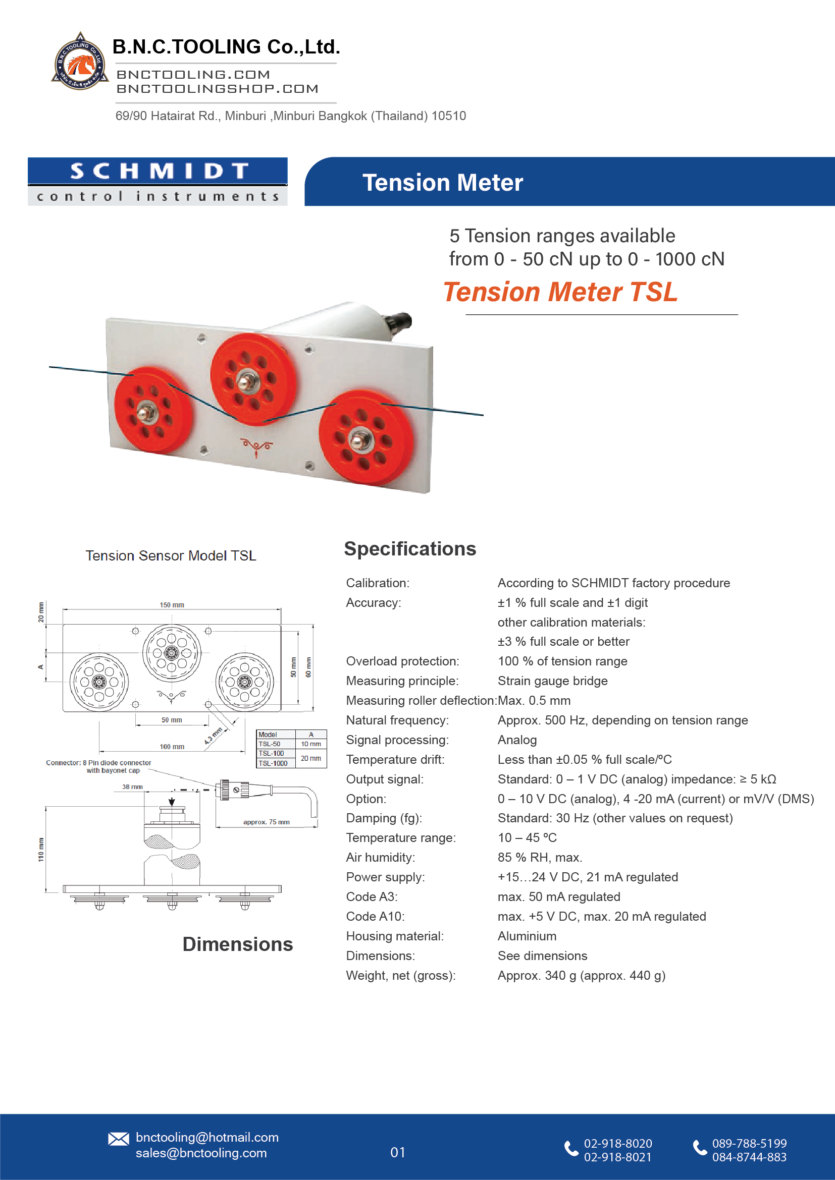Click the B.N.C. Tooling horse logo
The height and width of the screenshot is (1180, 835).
point(80,62)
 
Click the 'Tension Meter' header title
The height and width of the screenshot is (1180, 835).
point(442,183)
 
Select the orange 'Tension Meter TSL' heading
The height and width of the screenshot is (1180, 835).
point(560,292)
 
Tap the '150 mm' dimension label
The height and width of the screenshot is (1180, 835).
point(172,605)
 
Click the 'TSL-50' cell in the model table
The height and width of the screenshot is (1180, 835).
point(270,744)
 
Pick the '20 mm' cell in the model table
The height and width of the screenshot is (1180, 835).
point(310,758)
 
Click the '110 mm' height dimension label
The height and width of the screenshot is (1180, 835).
point(41,850)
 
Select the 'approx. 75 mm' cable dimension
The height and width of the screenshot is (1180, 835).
point(266,822)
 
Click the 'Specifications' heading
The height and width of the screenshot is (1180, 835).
point(410,549)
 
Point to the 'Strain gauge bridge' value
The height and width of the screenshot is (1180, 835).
point(552,681)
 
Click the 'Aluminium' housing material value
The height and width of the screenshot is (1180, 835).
point(527,936)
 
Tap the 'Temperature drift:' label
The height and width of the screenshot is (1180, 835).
point(395,760)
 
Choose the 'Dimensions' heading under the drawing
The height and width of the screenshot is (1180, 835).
point(238,944)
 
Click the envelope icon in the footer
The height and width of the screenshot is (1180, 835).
point(119,1139)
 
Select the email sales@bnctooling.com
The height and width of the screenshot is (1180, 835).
point(201,1153)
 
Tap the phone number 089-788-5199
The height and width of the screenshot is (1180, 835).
point(749,1144)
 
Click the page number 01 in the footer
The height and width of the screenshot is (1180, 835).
point(397,1152)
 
